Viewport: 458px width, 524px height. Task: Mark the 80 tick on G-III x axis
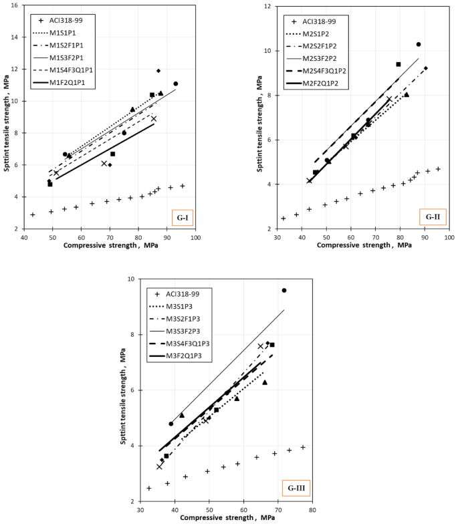coord(312,509)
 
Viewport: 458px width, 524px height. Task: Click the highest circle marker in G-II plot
coord(419,44)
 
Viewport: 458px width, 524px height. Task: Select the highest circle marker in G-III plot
coord(284,290)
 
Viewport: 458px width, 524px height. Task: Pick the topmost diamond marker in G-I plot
coord(158,71)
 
